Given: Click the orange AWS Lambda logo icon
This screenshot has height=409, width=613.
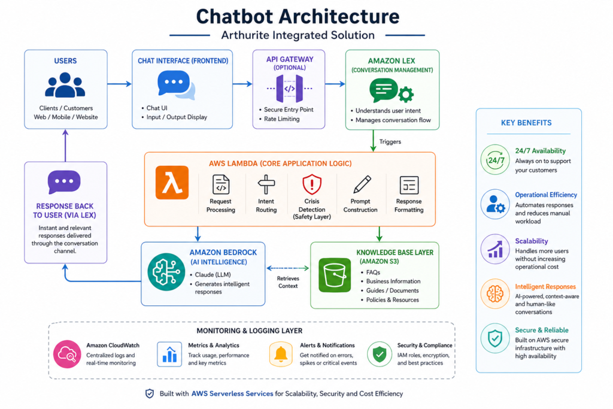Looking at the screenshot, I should [x=172, y=183].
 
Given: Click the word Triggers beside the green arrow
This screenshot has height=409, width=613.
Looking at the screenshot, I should [x=390, y=142].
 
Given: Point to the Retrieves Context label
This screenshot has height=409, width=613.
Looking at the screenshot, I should [x=288, y=282].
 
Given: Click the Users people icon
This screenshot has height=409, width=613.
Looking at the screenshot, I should [x=66, y=85].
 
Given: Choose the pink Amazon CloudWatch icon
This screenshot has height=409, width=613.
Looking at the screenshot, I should [x=65, y=353].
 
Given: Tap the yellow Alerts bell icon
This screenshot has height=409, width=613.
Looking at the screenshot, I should [x=280, y=353].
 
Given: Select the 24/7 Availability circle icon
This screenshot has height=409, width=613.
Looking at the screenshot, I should [x=494, y=160].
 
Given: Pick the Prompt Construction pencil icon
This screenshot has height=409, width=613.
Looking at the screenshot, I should [x=361, y=184].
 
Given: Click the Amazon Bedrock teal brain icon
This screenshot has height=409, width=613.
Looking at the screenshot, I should [x=163, y=273].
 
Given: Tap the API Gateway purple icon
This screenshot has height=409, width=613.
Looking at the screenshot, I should [x=289, y=89].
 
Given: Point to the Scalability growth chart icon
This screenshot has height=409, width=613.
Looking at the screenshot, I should [x=494, y=249].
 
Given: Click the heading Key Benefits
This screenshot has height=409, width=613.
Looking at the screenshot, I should [x=526, y=123].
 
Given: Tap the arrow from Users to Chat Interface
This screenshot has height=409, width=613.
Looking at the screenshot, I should [x=119, y=84].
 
